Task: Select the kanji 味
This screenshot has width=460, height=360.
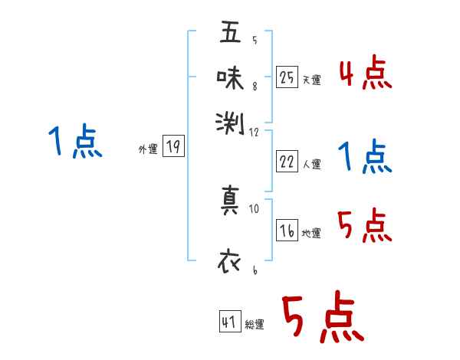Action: pyautogui.click(x=230, y=78)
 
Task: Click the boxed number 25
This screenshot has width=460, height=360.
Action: pyautogui.click(x=287, y=77)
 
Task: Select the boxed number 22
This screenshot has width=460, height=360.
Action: pyautogui.click(x=287, y=162)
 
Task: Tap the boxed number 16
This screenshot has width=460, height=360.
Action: pyautogui.click(x=287, y=231)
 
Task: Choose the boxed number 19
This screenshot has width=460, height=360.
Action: pyautogui.click(x=173, y=148)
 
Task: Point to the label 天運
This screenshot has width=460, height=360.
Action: pyautogui.click(x=311, y=80)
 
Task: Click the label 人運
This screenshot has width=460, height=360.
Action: pyautogui.click(x=311, y=164)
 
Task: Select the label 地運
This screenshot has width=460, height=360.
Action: pyautogui.click(x=311, y=234)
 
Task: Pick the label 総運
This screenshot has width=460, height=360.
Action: pyautogui.click(x=255, y=325)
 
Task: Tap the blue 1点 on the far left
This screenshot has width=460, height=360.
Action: pyautogui.click(x=75, y=142)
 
